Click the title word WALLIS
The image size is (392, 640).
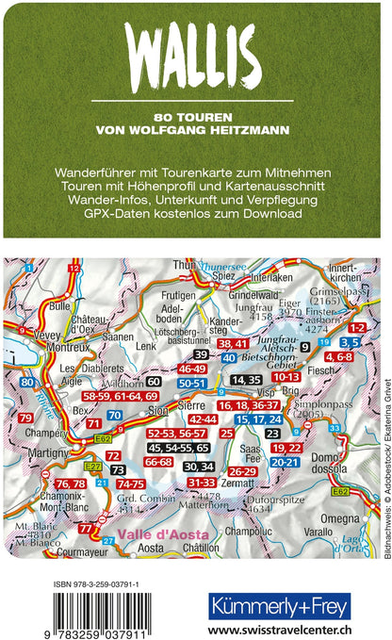click(x=196, y=45)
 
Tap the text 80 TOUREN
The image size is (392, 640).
click(x=196, y=117)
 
